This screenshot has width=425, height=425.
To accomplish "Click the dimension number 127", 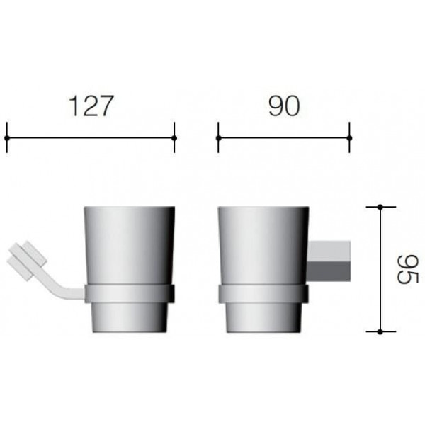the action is tap(91, 106).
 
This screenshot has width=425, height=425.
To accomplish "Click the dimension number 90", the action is tap(284, 106).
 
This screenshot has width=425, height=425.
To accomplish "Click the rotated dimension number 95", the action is tap(408, 269).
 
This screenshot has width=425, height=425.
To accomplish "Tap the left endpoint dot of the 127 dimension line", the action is tap(7, 138).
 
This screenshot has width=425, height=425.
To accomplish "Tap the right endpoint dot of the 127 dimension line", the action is tap(174, 138).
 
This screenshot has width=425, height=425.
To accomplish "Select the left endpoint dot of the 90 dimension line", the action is tap(218, 138).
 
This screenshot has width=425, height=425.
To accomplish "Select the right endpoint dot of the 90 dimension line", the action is tap(349, 138).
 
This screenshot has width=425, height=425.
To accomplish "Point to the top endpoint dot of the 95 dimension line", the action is tap(380, 207).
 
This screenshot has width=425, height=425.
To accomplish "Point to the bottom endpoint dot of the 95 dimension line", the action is tap(380, 331).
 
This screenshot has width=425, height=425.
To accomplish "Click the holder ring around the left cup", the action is tap(130, 293).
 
